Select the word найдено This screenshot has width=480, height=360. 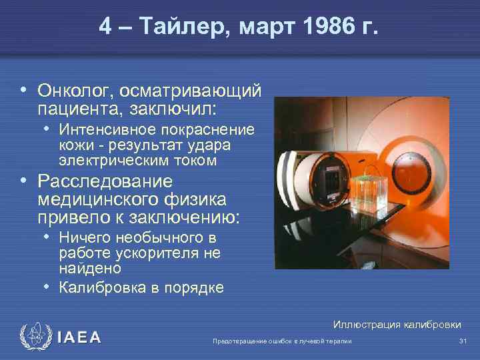pyautogui.click(x=90, y=268)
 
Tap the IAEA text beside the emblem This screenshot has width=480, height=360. pyautogui.click(x=79, y=338)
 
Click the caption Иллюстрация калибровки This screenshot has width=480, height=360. pyautogui.click(x=397, y=325)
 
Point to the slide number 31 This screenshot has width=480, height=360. pyautogui.click(x=463, y=341)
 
